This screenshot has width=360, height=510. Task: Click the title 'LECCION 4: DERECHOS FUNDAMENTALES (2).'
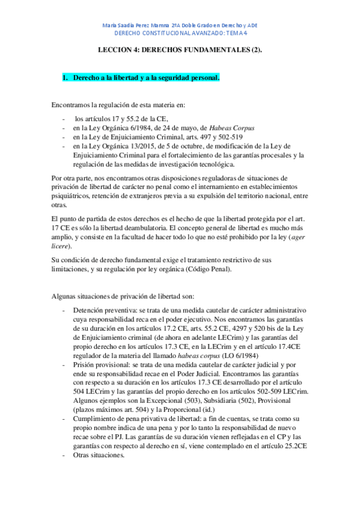180,52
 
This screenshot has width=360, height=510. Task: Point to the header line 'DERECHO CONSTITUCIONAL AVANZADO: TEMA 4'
180,35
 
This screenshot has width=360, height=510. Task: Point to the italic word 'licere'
61,247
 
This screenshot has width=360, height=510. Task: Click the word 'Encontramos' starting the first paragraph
72,105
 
